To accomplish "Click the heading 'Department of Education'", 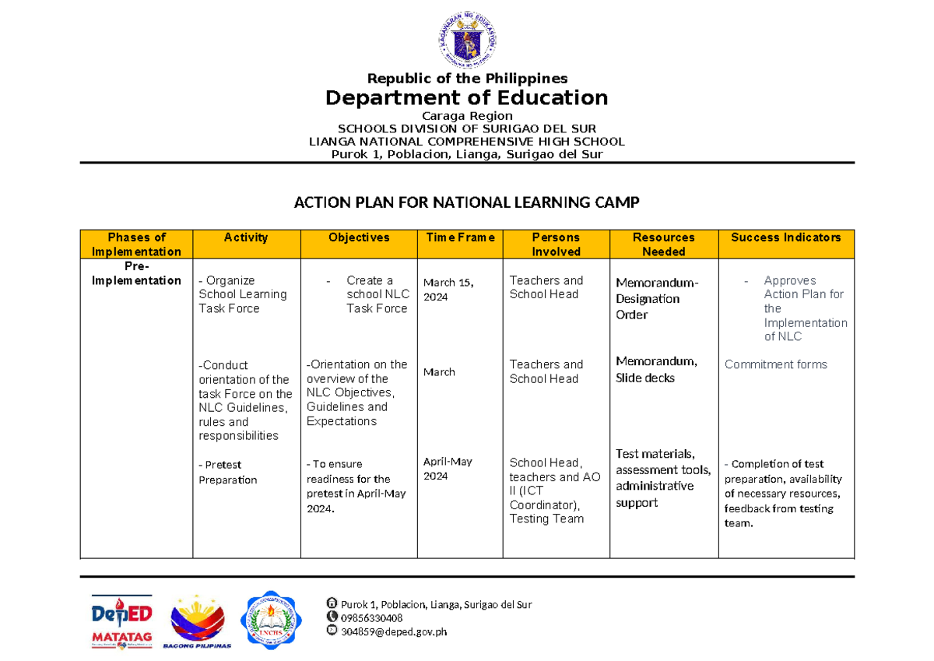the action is coord(466,98).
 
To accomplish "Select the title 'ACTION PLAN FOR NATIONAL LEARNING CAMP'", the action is coord(466,203).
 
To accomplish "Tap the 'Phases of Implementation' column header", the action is coord(137,244).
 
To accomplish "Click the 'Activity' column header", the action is coord(246,237).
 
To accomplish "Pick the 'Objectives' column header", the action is coord(359,237).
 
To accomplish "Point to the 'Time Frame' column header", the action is coord(459,237).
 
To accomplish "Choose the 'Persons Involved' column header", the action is coord(556,244).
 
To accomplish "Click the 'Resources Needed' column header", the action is coord(663,244).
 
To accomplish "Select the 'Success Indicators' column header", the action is coord(786,237).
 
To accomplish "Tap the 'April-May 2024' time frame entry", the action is coord(448,469).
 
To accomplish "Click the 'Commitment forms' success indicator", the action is coord(776,364).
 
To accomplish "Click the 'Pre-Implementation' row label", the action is coord(137,273).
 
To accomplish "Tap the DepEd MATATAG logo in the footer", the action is coord(121,621).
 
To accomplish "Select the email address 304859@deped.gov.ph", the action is coord(393,631).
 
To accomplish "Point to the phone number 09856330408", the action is coord(371,618).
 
